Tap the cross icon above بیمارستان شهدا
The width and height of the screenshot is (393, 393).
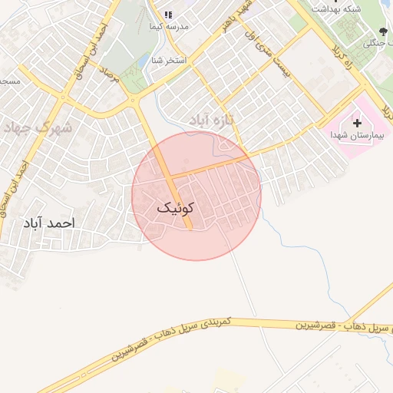[x=356, y=122]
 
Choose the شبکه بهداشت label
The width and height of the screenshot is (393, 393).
[x=338, y=8]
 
